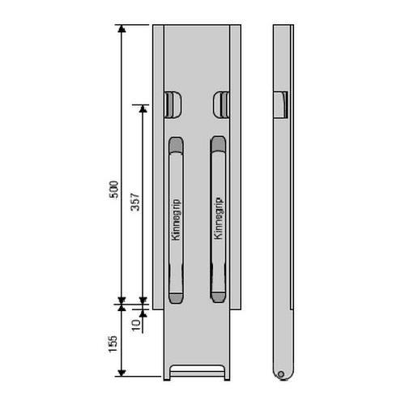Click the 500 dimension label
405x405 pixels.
pyautogui.click(x=114, y=190)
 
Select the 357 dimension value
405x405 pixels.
pyautogui.click(x=135, y=202)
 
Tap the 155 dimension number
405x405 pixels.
pyautogui.click(x=113, y=343)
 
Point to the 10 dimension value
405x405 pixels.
pyautogui.click(x=137, y=325)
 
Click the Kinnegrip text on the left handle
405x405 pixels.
pyautogui.click(x=176, y=220)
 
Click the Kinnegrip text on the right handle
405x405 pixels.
pyautogui.click(x=218, y=219)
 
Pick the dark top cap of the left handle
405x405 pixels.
pyautogui.click(x=176, y=145)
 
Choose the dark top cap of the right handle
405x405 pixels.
pyautogui.click(x=218, y=144)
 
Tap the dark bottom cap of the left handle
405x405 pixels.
pyautogui.click(x=176, y=298)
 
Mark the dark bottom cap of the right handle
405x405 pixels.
pyautogui.click(x=218, y=297)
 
